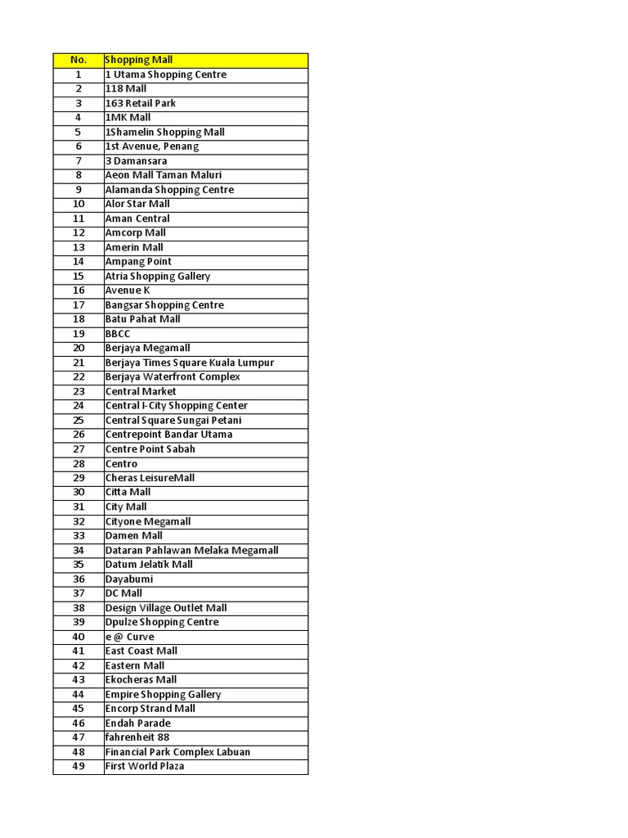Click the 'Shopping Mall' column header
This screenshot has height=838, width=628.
point(138,60)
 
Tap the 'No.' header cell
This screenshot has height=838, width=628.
point(78,60)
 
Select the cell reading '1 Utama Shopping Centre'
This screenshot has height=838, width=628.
point(165,74)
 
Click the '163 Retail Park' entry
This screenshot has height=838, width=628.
point(140,103)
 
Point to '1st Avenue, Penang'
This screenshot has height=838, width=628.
point(151,146)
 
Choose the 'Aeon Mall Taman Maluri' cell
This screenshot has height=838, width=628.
point(163,175)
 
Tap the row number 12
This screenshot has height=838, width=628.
point(78,232)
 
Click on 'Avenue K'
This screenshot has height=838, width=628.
point(128,291)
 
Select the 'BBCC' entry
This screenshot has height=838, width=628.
point(118,334)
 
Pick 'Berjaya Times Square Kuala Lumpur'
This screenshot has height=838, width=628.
point(190,363)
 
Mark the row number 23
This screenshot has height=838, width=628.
point(78,391)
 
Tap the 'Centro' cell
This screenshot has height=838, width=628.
point(121,463)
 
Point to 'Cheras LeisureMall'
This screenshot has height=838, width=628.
point(150,478)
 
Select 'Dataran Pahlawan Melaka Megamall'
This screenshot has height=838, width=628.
point(191,550)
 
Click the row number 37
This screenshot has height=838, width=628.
point(78,593)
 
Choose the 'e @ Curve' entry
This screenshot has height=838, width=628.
point(129,637)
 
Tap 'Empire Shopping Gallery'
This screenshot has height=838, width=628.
point(163,694)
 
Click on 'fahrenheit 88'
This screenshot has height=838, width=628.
point(137,737)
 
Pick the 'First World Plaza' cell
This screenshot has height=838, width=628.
point(145,766)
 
